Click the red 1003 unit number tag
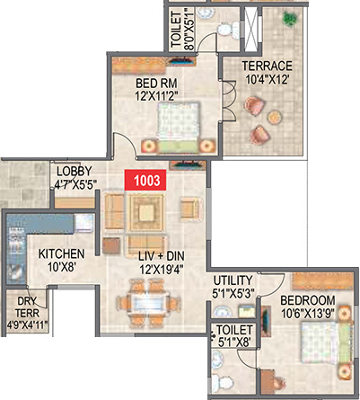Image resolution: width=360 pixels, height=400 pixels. pos(146,180)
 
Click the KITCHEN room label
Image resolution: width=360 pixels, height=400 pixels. pos(61,253)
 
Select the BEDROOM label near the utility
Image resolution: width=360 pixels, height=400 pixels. pos(307,300)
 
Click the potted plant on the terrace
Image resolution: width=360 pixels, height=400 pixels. pos(289,18)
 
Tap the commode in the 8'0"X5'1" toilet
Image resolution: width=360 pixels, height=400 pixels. pos(232,29)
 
